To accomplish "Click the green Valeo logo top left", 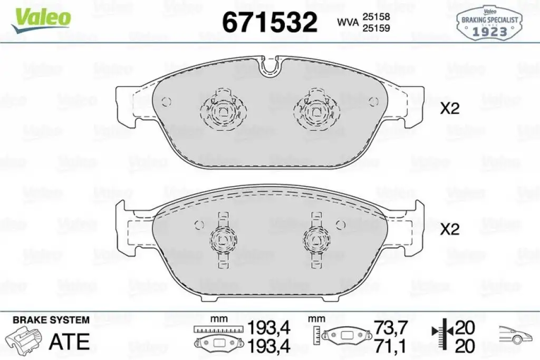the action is (x=41, y=20).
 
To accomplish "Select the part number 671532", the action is (x=269, y=22).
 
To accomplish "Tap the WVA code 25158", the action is (x=376, y=16).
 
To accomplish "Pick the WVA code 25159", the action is (x=376, y=28).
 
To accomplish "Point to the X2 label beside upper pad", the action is (x=450, y=109).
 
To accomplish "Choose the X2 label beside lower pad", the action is (x=450, y=229).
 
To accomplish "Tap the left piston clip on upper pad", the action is (x=224, y=110).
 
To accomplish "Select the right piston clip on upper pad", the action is (x=317, y=110).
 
